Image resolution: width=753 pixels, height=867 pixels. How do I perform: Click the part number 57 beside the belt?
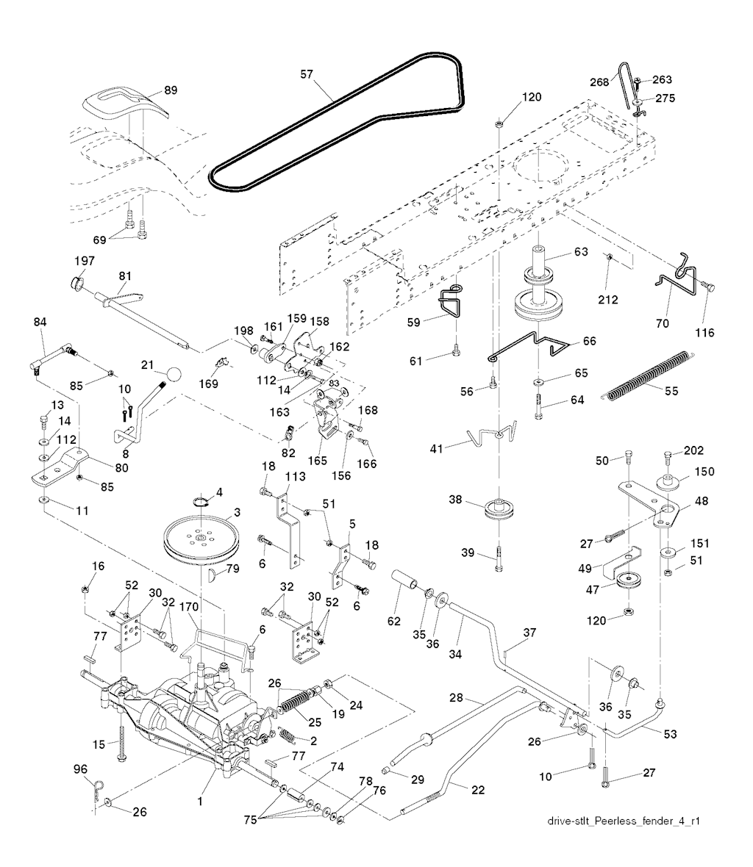click(306, 73)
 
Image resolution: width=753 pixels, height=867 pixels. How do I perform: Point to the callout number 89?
click(171, 90)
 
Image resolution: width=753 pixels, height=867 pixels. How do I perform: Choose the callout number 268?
click(599, 82)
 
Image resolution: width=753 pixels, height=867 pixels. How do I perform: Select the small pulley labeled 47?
click(629, 583)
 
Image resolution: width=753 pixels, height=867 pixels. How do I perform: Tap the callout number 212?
click(609, 299)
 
